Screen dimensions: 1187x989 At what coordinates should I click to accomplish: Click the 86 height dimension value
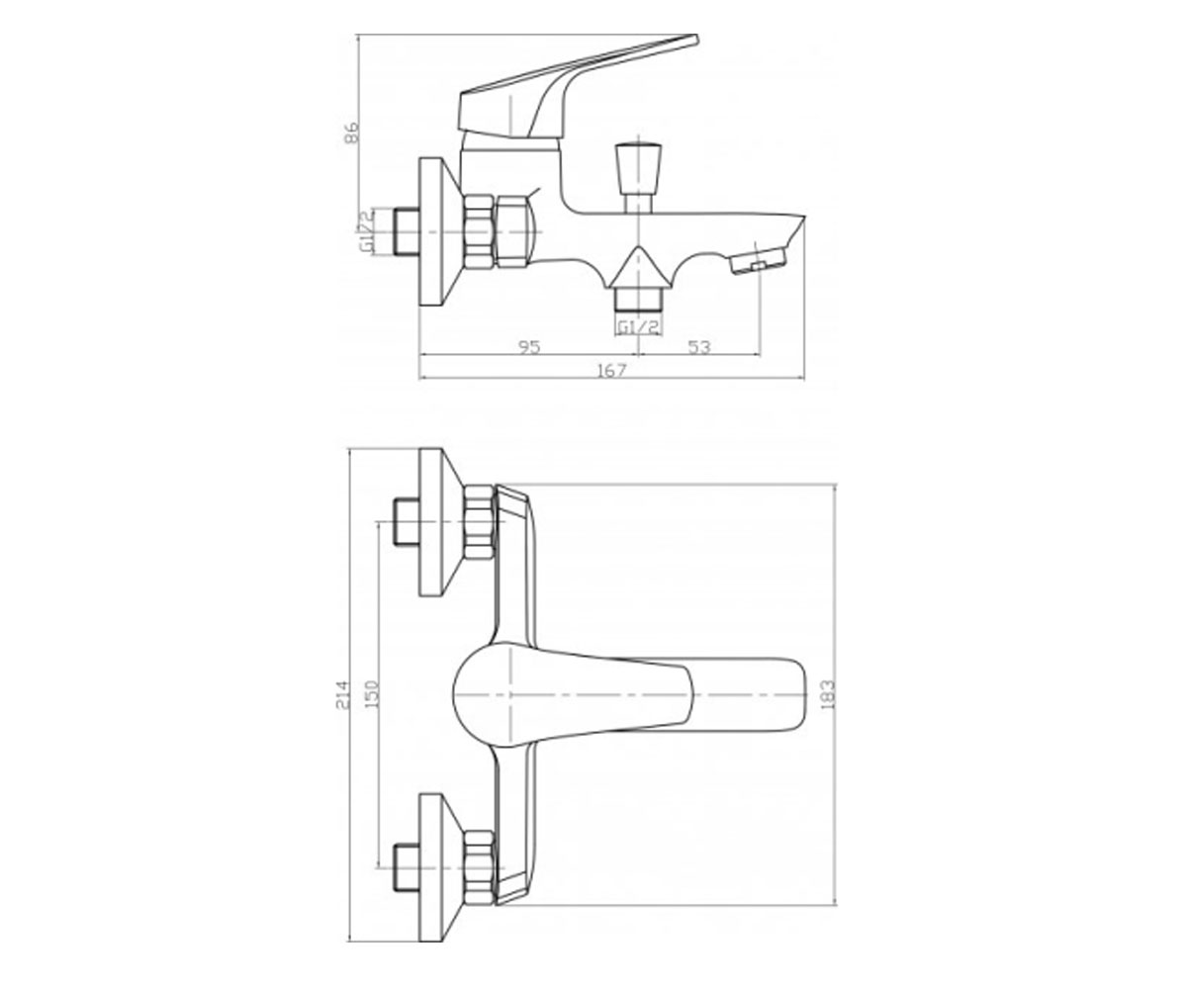[x=352, y=132]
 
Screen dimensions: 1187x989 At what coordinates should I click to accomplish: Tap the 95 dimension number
[x=529, y=347]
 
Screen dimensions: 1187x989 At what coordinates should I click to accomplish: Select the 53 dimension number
[x=699, y=347]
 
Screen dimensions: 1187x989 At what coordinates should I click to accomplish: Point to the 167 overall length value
[x=611, y=371]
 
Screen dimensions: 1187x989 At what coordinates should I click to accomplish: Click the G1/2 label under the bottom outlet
[x=638, y=327]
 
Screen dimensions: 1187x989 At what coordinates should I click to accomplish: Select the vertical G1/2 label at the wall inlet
[x=367, y=231]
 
